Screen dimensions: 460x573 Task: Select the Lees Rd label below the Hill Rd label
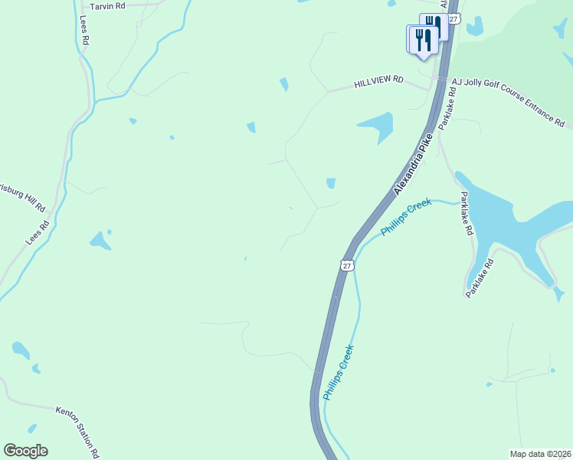click(37, 233)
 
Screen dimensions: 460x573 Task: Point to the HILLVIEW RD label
click(378, 81)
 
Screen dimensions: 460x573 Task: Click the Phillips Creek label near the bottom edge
click(338, 373)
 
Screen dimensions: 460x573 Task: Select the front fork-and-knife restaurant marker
click(423, 40)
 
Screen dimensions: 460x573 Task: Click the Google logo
click(25, 451)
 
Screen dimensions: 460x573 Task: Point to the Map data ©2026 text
click(540, 453)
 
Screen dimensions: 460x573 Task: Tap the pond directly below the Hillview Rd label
click(376, 126)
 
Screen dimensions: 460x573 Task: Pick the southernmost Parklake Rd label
click(480, 277)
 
